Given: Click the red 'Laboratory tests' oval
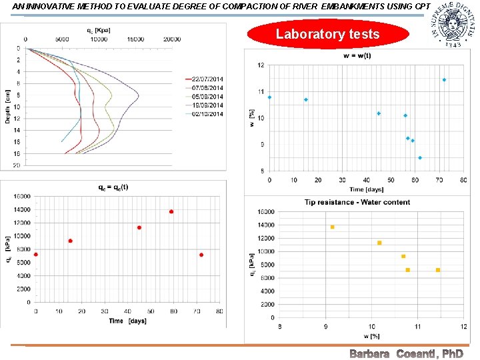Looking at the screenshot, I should coord(327,34).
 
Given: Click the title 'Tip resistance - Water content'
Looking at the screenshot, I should coord(357,202).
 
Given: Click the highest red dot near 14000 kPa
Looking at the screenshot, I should coord(171,212).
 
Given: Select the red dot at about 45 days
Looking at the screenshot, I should coord(139,227).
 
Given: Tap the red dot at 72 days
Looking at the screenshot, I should coord(201,255).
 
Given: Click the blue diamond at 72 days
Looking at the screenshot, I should coord(444,80).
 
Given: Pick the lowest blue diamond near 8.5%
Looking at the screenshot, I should coord(420,158).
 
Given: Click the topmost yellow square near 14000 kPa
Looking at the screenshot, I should coord(332,227).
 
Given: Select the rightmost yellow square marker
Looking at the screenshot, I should coord(438,270).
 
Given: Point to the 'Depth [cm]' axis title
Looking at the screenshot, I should coord(7,106).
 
